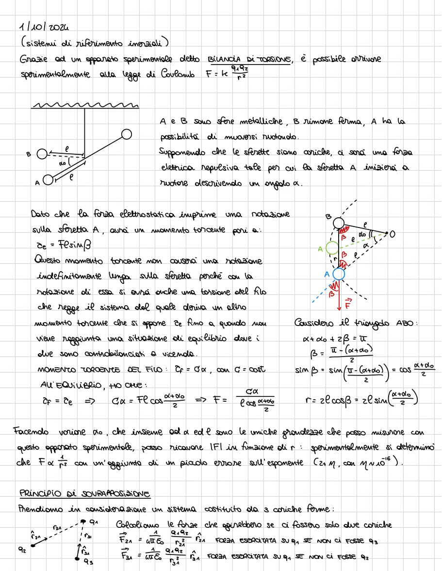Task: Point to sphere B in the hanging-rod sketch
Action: [x=42, y=154]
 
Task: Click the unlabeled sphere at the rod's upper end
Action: [x=127, y=133]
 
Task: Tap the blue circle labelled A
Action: [x=339, y=275]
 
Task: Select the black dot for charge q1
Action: [x=83, y=522]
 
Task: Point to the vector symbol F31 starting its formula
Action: [x=124, y=557]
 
